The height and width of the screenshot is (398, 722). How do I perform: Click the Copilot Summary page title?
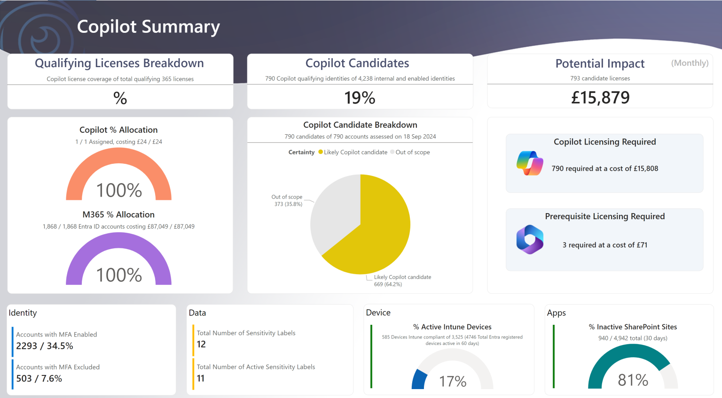pyautogui.click(x=148, y=27)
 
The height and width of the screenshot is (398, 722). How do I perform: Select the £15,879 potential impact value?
pyautogui.click(x=600, y=98)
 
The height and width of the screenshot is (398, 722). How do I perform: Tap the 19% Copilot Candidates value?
pyautogui.click(x=360, y=98)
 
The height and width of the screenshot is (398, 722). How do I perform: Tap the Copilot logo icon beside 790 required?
pyautogui.click(x=530, y=163)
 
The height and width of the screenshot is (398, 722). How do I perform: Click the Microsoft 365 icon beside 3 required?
pyautogui.click(x=530, y=239)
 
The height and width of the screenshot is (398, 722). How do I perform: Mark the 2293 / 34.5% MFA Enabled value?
pyautogui.click(x=45, y=346)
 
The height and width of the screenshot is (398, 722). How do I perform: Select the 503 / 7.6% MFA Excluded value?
pyautogui.click(x=39, y=378)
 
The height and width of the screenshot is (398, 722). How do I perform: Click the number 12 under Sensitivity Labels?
pyautogui.click(x=201, y=344)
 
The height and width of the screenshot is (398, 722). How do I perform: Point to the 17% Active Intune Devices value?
pyautogui.click(x=453, y=381)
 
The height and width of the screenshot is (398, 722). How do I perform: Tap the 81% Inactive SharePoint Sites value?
pyautogui.click(x=633, y=380)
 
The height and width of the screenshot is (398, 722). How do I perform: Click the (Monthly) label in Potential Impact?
pyautogui.click(x=690, y=63)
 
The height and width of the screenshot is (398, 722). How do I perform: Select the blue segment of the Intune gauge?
pyautogui.click(x=419, y=379)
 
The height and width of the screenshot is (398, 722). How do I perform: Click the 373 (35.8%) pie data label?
pyautogui.click(x=288, y=204)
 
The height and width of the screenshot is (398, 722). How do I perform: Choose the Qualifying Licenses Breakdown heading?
pyautogui.click(x=119, y=63)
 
